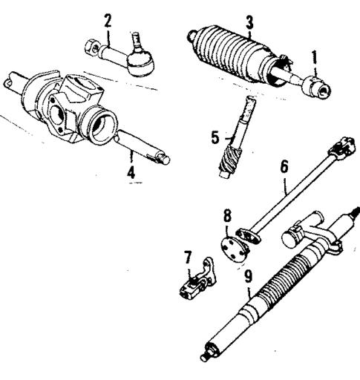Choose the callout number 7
click(188, 257)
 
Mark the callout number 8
click(227, 217)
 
